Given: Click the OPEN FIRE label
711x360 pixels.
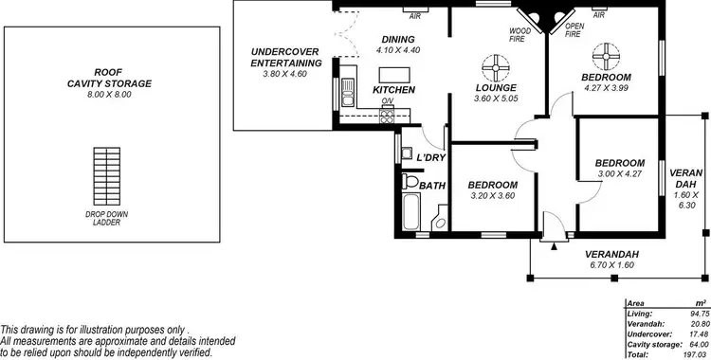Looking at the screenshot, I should pyautogui.click(x=574, y=29).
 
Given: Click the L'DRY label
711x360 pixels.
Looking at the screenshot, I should pyautogui.click(x=431, y=156).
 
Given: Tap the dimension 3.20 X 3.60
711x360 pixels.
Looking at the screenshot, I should pyautogui.click(x=493, y=196).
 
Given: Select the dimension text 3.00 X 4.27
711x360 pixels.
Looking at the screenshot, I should pyautogui.click(x=620, y=174).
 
